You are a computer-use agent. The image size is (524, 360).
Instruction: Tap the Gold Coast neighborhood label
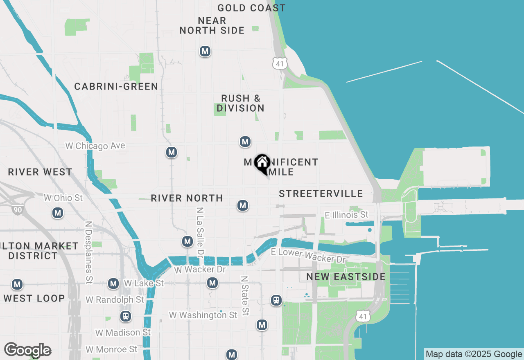(251, 8)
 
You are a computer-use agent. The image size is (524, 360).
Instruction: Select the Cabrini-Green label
(116, 86)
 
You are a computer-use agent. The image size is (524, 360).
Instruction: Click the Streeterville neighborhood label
(321, 193)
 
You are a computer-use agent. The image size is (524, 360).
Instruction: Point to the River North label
(187, 198)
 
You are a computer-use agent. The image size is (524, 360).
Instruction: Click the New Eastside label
(346, 277)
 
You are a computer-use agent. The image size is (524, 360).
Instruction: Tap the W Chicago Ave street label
(95, 146)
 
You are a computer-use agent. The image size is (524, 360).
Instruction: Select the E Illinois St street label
(346, 215)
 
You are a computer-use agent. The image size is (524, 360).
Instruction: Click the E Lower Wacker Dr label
(309, 256)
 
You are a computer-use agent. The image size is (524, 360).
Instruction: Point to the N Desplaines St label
(88, 252)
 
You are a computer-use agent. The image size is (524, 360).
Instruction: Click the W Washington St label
(203, 315)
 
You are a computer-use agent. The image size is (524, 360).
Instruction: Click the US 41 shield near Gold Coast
(280, 63)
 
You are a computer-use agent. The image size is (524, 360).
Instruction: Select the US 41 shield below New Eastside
(363, 315)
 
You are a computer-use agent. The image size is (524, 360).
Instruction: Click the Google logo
(27, 350)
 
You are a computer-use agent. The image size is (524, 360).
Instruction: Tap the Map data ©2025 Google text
(474, 354)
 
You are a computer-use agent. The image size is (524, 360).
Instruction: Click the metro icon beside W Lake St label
(113, 283)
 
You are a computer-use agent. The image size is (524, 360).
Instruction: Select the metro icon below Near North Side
(205, 52)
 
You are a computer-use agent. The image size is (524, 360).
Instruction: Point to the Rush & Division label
(240, 103)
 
